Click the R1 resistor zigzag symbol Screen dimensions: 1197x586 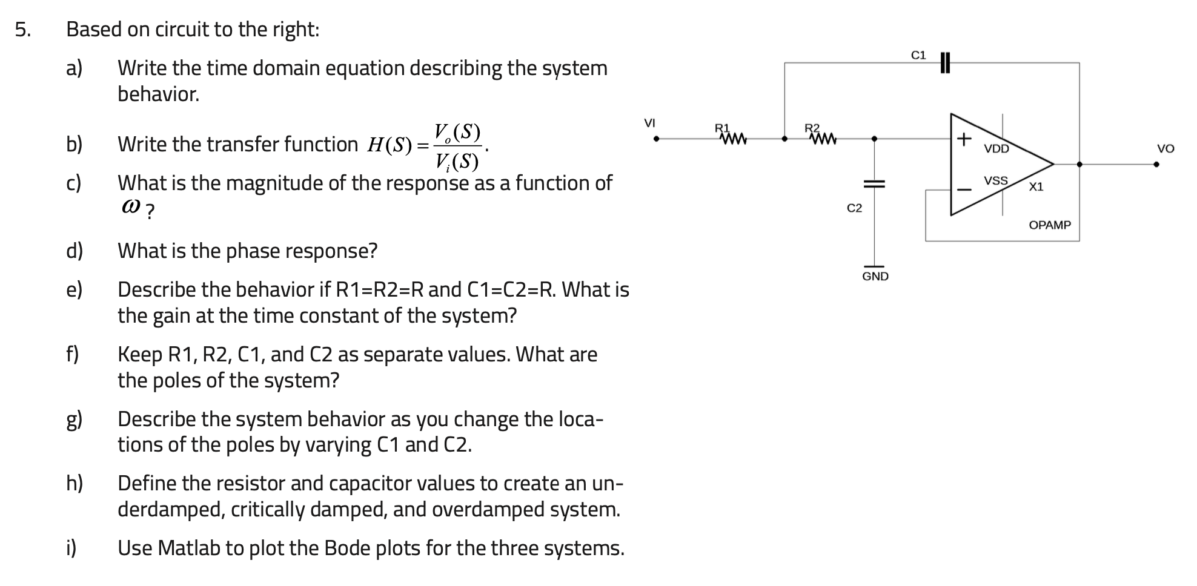coord(733,140)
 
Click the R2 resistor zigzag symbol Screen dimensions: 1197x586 coord(823,140)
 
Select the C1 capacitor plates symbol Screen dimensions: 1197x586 coord(944,62)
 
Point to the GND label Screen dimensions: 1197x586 coord(875,277)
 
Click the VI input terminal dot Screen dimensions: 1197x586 coord(656,139)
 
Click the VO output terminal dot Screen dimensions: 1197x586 coord(1156,164)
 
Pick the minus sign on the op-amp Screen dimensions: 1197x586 coord(964,189)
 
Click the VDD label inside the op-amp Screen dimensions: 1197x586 coord(996,149)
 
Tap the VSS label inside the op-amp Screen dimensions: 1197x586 coord(996,180)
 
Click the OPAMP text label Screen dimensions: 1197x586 coord(1050,225)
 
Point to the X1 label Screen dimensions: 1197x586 coord(1036,187)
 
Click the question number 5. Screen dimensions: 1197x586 coord(22,29)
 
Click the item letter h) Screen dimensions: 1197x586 coord(75,483)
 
